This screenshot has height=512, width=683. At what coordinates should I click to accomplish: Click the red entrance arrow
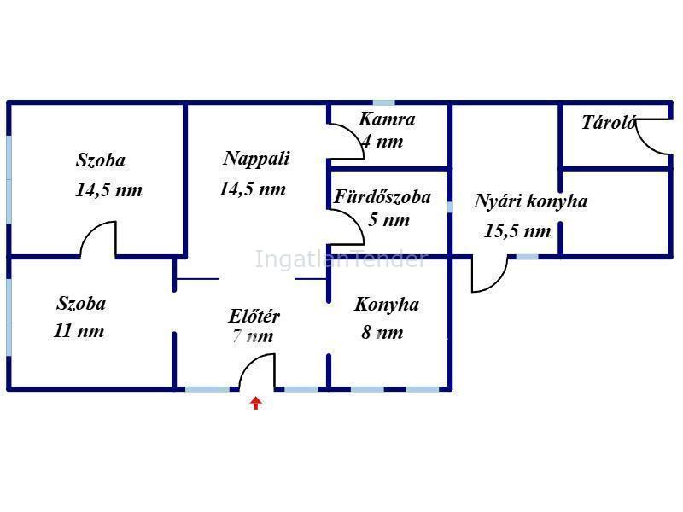[255, 403]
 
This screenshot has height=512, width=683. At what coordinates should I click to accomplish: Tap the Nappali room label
[256, 159]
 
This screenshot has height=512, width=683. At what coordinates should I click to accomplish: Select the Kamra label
[387, 119]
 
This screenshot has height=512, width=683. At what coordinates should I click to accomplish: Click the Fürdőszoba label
[382, 197]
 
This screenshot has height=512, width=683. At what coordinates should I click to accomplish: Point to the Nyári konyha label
[530, 201]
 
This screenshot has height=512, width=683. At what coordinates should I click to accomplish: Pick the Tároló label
[609, 122]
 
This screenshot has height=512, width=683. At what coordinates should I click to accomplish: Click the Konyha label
[387, 305]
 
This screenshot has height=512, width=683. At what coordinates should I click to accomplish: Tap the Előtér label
[254, 316]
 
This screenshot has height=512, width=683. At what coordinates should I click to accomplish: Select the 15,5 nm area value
[517, 230]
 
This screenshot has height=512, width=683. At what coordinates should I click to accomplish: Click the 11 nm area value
[79, 331]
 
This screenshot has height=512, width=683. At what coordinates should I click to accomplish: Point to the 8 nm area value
[382, 333]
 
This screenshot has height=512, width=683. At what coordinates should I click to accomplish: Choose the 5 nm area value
[389, 219]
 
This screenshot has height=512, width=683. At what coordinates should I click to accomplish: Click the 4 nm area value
[382, 142]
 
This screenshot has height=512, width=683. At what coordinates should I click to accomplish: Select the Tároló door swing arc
[644, 143]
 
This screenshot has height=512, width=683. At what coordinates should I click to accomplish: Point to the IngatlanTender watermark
[340, 259]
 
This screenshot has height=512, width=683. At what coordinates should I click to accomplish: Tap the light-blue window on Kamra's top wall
[384, 102]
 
